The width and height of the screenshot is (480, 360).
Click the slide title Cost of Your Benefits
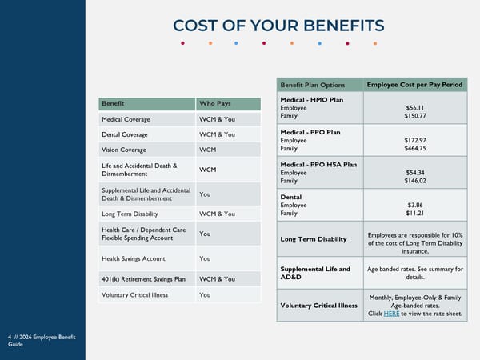278,25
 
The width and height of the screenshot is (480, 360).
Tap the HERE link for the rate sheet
391,314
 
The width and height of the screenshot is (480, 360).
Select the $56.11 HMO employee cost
415,107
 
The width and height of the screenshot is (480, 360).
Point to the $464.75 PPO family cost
415,149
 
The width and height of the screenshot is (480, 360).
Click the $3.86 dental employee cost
415,205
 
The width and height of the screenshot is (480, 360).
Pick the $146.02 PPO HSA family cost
415,181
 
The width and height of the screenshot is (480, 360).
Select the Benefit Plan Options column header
313,85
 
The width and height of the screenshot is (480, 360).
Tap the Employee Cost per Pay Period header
415,85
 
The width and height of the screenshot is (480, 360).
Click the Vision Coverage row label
125,150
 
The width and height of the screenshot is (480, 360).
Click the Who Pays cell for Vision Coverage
208,150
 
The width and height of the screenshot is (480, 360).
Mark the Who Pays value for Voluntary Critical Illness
205,295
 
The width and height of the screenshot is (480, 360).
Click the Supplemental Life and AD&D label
315,274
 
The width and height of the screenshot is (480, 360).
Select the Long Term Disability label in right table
313,239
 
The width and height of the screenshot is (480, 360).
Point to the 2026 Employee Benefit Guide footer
42,340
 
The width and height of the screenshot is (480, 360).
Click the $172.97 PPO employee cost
415,140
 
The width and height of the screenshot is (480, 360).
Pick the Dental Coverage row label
126,134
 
